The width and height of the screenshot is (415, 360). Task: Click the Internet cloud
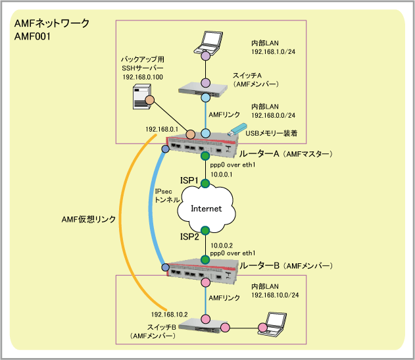click(x=205, y=208)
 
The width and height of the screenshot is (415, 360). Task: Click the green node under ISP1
click(x=205, y=182)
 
